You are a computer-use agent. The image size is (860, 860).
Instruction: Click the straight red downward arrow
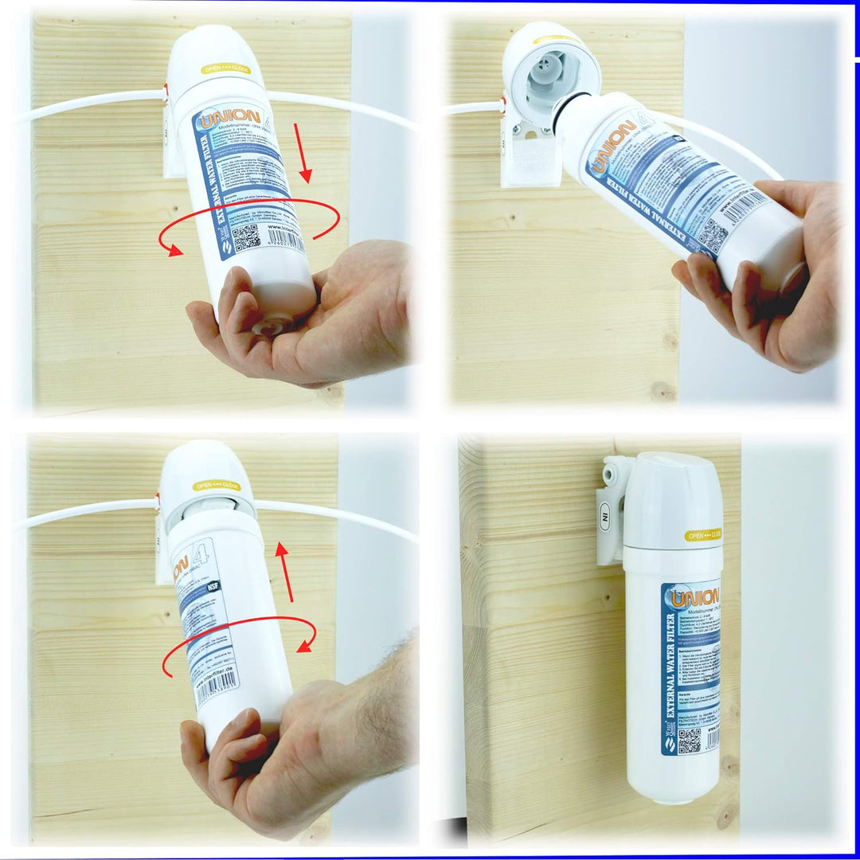pos(303,151)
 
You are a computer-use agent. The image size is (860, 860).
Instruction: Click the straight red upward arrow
pos(284,572)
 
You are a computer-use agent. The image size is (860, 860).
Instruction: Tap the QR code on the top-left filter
pos(246,236)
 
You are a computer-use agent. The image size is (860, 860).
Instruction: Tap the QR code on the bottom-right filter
pos(689,740)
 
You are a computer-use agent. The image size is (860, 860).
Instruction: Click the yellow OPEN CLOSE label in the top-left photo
pos(225,69)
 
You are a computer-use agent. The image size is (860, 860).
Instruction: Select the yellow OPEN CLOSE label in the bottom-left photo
pos(217,485)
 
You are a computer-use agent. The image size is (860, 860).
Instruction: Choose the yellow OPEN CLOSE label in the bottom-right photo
pos(702,535)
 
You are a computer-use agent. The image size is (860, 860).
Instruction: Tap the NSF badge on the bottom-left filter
pos(213,586)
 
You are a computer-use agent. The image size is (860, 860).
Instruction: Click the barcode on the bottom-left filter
pos(217,686)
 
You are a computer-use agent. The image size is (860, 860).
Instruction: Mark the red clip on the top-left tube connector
pos(165,93)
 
